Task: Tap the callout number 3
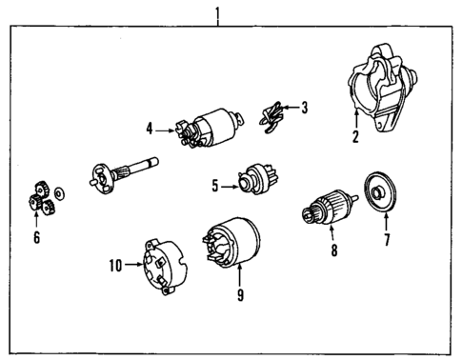tap(304, 108)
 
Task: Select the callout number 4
tap(150, 127)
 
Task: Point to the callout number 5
tap(216, 186)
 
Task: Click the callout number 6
tap(36, 237)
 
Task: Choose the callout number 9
tap(240, 295)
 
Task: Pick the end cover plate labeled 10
tap(158, 264)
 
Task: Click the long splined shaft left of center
tap(123, 172)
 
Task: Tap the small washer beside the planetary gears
tap(59, 193)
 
